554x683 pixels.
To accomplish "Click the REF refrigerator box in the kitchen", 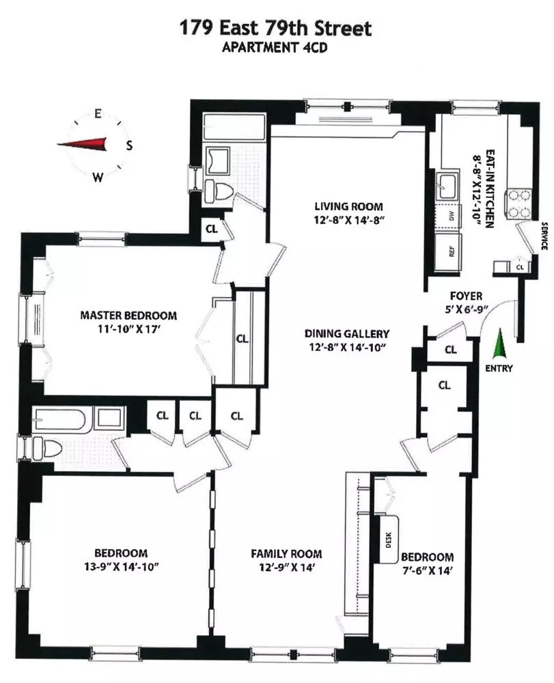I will (452, 251).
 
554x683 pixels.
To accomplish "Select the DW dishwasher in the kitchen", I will (451, 217).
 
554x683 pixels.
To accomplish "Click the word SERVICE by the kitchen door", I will (544, 236).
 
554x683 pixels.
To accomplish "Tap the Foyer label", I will (466, 296).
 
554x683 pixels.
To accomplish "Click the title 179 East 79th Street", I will (275, 29).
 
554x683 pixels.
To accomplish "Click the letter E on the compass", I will (98, 115).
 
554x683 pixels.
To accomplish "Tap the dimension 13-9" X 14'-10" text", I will (120, 566).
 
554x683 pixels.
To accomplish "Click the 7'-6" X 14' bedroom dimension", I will (427, 569).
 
